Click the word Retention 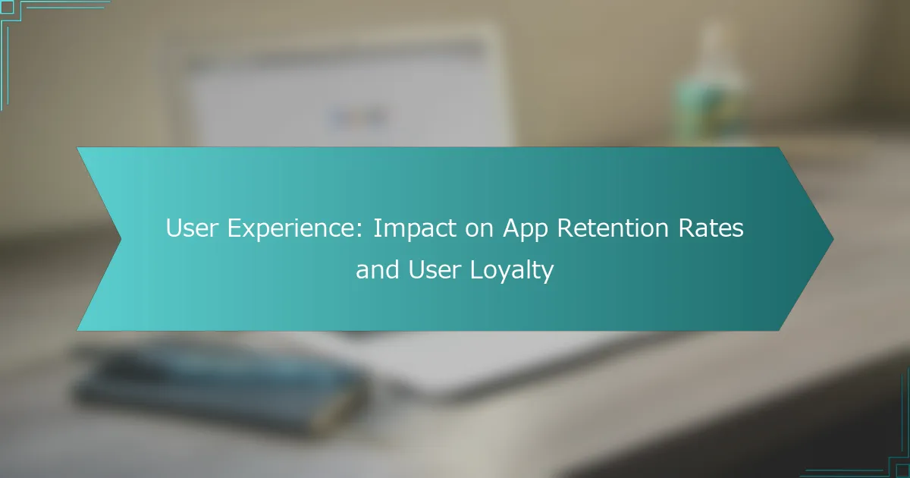[x=613, y=228]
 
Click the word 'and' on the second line [x=377, y=269]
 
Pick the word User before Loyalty [x=434, y=269]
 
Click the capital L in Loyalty [x=476, y=269]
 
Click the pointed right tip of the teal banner [x=833, y=239]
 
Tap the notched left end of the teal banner [x=121, y=239]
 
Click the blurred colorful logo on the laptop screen [x=356, y=118]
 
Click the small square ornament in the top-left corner [x=7, y=7]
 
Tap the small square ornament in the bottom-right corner [x=902, y=470]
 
